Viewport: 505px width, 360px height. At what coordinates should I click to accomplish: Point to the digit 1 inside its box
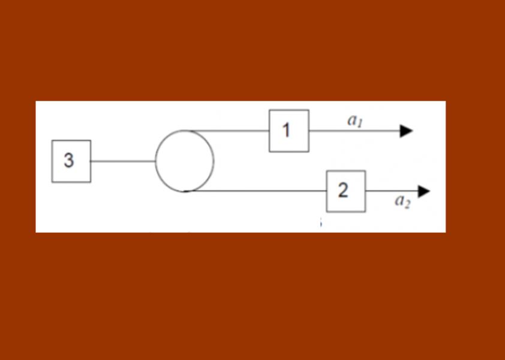[x=286, y=131]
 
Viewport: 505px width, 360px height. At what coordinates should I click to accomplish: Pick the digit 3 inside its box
[x=68, y=160]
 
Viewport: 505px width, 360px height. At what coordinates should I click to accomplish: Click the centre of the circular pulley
[x=184, y=161]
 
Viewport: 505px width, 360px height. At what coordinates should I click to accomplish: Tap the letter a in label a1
[x=351, y=121]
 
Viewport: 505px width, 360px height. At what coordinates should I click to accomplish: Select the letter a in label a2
[x=399, y=201]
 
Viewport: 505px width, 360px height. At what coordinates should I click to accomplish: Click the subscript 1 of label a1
[x=360, y=124]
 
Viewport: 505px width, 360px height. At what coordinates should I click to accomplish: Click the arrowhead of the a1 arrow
[x=406, y=131]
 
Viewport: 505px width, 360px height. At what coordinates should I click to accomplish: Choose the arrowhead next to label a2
[x=424, y=191]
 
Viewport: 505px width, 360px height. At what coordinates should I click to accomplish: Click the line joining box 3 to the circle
[x=123, y=161]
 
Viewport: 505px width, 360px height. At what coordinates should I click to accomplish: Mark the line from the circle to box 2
[x=255, y=191]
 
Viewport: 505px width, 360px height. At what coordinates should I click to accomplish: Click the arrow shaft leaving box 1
[x=354, y=131]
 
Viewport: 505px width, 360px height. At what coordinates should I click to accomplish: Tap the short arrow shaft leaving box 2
[x=392, y=191]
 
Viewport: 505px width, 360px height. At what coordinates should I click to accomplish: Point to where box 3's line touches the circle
[x=155, y=161]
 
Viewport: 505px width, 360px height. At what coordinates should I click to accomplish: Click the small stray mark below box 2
[x=321, y=222]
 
